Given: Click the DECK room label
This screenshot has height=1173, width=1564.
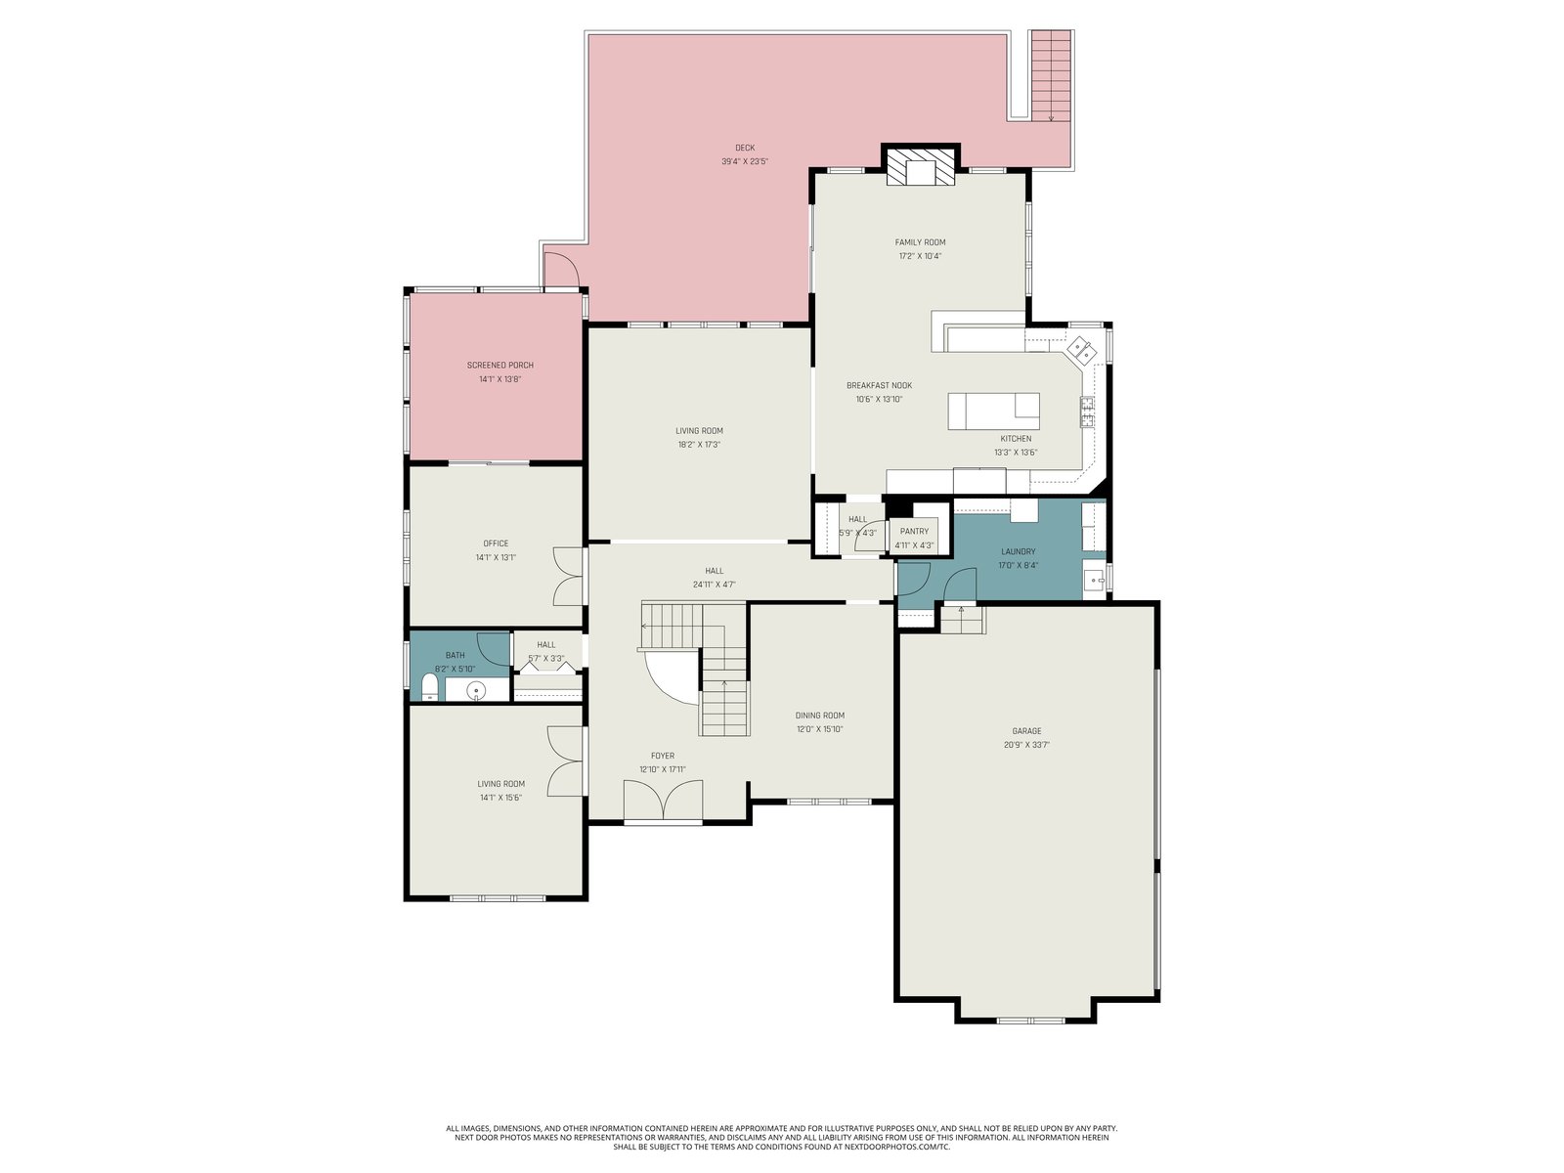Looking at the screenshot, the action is click(745, 149).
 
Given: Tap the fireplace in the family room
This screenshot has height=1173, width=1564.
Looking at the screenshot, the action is click(920, 167).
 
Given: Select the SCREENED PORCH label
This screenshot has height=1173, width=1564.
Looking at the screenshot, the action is click(500, 366).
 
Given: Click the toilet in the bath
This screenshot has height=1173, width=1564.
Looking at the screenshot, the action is click(429, 687).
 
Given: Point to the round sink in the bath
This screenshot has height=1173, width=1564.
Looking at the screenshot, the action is click(475, 689).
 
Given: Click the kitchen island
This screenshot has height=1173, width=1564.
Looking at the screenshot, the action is click(993, 411).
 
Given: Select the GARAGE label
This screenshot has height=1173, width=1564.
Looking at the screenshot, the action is click(1026, 731).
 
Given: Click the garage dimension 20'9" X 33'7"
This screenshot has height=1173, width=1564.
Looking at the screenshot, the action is click(1026, 745).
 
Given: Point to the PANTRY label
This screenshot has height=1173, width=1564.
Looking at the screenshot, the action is click(914, 532).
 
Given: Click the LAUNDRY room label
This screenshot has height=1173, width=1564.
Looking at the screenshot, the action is click(1019, 551).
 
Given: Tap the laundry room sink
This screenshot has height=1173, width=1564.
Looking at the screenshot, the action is click(1095, 580).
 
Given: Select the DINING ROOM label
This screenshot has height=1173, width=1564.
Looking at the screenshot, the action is click(820, 716).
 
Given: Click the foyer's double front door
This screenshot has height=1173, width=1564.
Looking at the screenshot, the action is click(664, 799).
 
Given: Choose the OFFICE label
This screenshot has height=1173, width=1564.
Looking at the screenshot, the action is click(496, 543).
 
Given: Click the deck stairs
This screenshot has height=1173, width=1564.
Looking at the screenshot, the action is click(1051, 75).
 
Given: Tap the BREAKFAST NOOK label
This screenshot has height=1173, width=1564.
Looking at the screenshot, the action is click(879, 385).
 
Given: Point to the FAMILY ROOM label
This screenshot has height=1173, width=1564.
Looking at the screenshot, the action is click(921, 242).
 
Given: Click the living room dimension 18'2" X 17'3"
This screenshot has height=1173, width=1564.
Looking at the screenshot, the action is click(699, 445).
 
